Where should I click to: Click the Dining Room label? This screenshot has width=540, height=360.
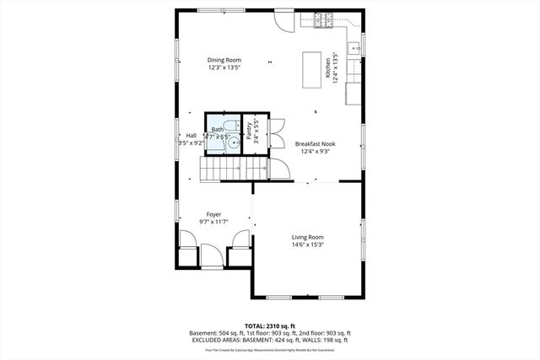(x=225, y=60)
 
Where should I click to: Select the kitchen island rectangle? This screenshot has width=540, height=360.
(x=313, y=67)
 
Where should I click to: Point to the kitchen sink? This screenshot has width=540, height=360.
(x=355, y=46)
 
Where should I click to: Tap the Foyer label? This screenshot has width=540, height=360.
(x=214, y=214)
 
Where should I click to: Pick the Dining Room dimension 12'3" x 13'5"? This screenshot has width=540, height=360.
(x=225, y=67)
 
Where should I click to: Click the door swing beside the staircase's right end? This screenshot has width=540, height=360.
(x=279, y=168)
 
